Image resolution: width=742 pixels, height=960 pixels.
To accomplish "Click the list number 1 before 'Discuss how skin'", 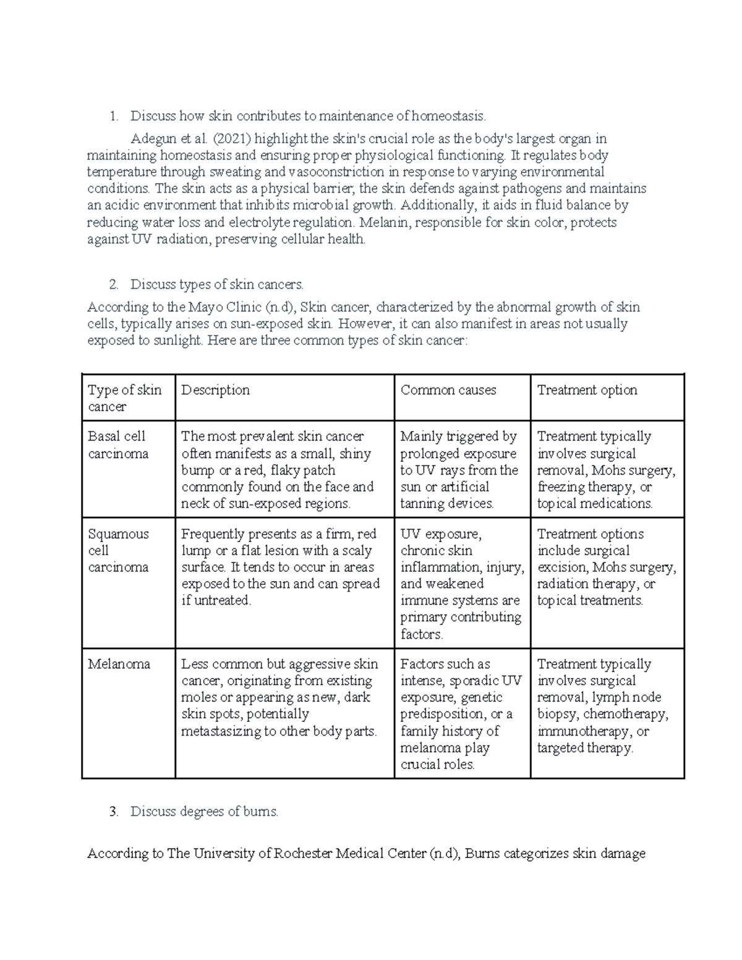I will coord(113,116).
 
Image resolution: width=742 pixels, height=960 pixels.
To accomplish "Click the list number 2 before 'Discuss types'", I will coord(113,284).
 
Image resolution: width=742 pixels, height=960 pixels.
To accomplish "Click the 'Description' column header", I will coord(215,390).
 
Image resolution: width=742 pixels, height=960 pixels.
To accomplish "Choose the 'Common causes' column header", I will coord(448,390).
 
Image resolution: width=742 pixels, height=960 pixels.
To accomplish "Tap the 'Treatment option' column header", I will coord(587,390).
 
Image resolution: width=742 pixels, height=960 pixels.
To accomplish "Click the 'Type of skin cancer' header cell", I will coord(124,398).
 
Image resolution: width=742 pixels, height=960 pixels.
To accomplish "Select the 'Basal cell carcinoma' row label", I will coord(118,445).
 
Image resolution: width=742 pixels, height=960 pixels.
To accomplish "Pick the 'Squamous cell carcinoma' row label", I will coord(118,550).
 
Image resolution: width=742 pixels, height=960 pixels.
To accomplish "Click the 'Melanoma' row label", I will coord(119,664).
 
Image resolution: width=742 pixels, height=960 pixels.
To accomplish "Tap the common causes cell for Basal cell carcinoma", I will coord(459,470).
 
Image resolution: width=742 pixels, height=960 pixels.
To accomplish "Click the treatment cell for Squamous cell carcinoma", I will coord(606,567).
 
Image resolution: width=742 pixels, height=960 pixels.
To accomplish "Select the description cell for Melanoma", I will coord(279,697).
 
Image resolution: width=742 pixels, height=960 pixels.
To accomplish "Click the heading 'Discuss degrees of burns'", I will coord(204,812).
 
